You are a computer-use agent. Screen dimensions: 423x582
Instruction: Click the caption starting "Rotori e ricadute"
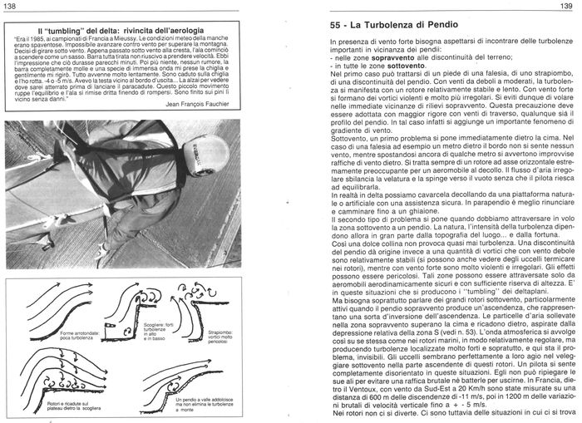coord(71,402)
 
